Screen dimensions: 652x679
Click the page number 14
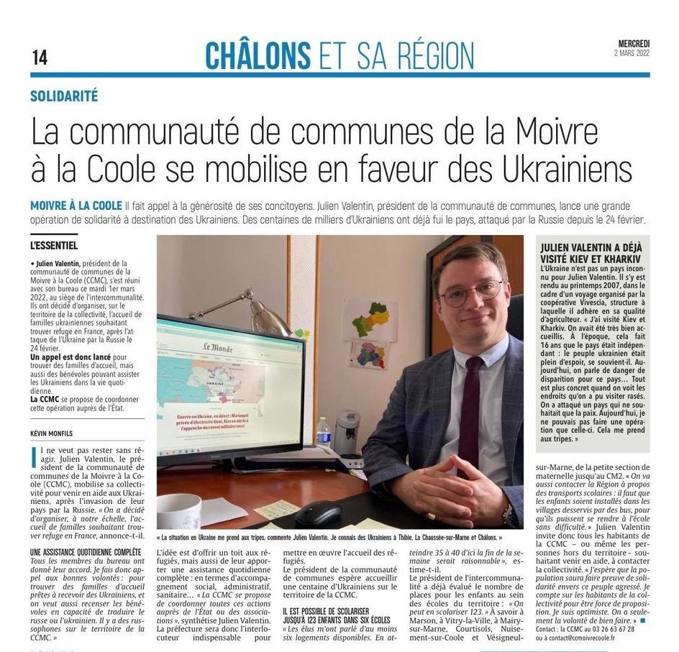pyautogui.click(x=40, y=58)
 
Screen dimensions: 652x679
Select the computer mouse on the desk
pyautogui.click(x=317, y=513)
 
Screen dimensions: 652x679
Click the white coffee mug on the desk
pyautogui.click(x=178, y=512)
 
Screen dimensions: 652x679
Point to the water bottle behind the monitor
pyautogui.click(x=324, y=433)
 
